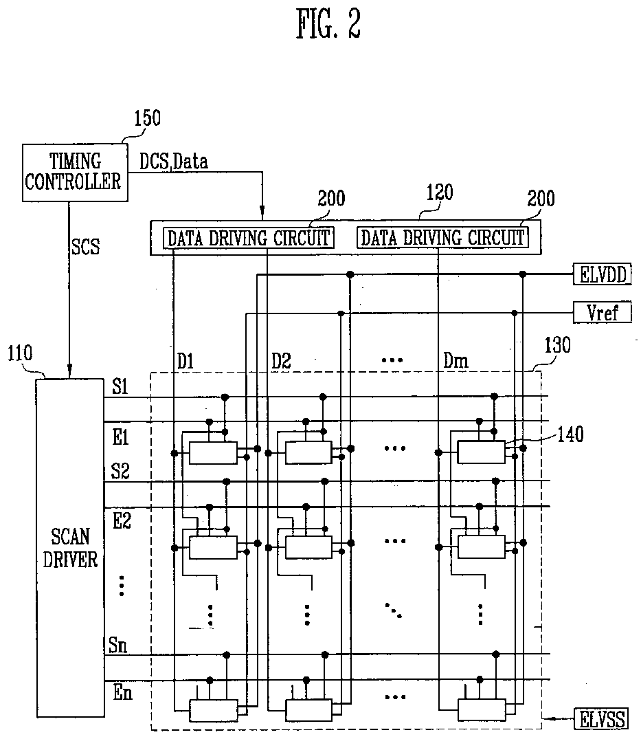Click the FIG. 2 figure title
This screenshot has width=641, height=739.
tap(328, 26)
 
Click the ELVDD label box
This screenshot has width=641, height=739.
tap(598, 275)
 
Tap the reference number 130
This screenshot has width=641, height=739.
tap(556, 346)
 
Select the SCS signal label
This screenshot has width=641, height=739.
tap(85, 247)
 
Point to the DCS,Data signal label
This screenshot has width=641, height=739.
tap(173, 162)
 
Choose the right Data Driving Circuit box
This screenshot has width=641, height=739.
tap(442, 238)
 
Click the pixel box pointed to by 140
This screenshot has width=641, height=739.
tap(481, 452)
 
